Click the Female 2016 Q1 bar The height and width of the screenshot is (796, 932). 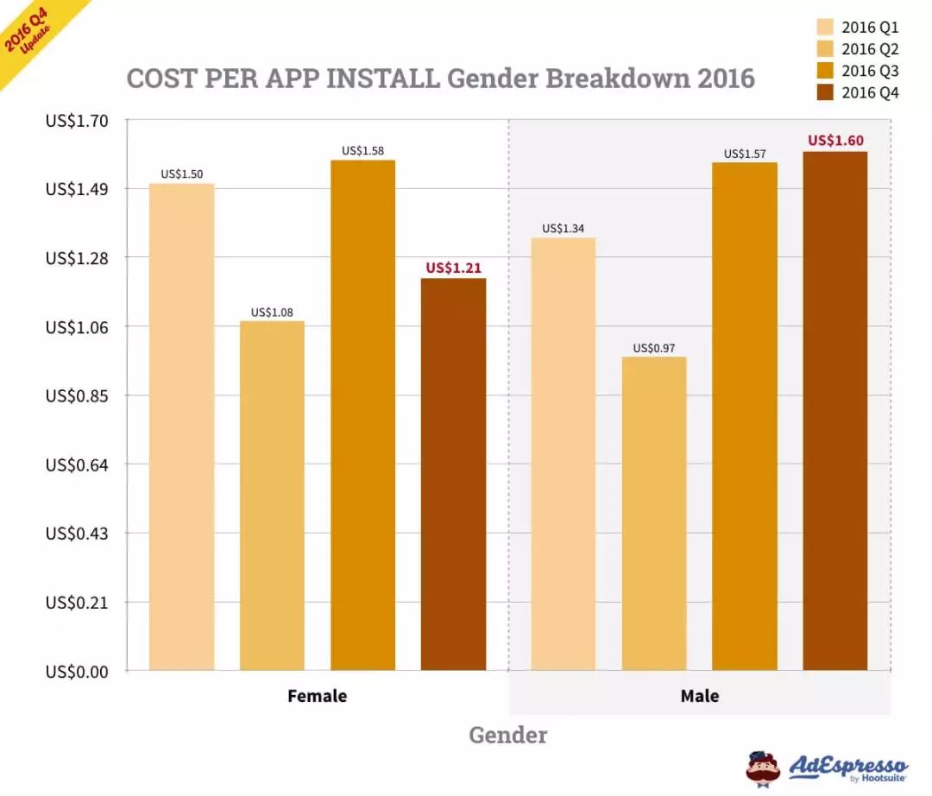181,426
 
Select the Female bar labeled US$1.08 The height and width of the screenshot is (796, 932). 272,496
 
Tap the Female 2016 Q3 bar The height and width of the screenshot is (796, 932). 362,415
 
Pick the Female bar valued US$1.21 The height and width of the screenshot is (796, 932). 453,474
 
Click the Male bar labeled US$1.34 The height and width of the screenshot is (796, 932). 564,453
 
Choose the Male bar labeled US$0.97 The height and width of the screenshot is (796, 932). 654,513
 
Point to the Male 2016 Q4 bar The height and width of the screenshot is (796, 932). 834,411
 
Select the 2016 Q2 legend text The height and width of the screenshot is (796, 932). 870,49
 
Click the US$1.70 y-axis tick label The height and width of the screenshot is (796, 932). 77,121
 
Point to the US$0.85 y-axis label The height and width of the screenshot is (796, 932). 77,395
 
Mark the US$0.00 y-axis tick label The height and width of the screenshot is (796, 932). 77,671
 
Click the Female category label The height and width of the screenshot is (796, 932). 317,696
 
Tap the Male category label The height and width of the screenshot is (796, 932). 699,696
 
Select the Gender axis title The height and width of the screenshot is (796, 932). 507,736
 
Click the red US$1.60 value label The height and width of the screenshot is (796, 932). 835,141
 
